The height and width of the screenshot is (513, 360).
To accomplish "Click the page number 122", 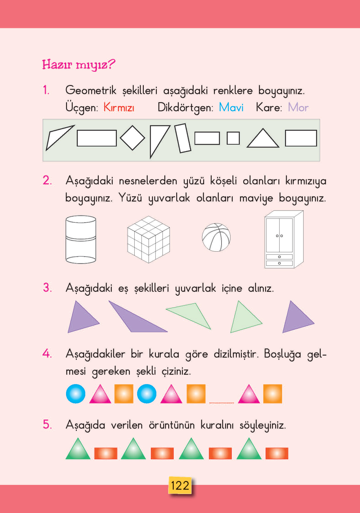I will coord(180,485).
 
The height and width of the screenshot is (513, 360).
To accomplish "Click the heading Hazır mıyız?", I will coord(78,65).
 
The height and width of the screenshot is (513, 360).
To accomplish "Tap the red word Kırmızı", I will coord(119,108).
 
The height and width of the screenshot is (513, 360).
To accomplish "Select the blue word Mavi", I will coord(231,108).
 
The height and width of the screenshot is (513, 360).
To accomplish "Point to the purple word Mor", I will coord(298,108).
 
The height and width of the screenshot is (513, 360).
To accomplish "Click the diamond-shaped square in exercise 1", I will coord(132,138).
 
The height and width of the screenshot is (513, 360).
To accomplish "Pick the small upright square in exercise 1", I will coord(233,138).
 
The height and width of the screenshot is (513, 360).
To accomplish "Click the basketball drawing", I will coord(216,237).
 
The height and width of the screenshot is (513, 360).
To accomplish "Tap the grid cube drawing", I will coord(149,240).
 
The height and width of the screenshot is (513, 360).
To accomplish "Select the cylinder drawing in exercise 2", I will coord(81,240).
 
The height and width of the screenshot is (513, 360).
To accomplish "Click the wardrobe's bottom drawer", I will coord(279,263).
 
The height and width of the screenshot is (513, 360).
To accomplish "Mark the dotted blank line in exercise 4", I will coord(222,402).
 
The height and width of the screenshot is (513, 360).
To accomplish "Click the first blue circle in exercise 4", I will coord(76,394).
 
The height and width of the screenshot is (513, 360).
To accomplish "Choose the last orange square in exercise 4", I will coord(273,394).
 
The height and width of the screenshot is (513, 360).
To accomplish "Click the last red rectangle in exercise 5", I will coord(277,453).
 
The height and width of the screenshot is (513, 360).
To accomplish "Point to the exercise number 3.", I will coord(47,288).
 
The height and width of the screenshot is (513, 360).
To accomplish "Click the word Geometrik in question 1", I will coord(91,90).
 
